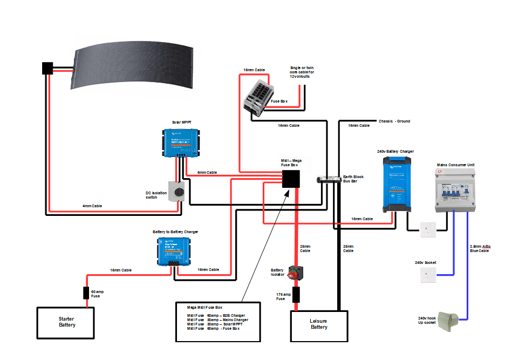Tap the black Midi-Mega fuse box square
tap(291, 179)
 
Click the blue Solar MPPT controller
tap(182, 143)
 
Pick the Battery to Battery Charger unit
tap(173, 252)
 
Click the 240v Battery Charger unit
tap(396, 184)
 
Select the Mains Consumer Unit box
tap(455, 189)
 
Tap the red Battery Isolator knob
tap(295, 273)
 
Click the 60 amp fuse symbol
tap(86, 293)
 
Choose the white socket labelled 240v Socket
tap(427, 275)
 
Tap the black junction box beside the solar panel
tap(47, 69)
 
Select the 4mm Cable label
tap(92, 206)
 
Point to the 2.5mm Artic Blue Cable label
tap(480, 248)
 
